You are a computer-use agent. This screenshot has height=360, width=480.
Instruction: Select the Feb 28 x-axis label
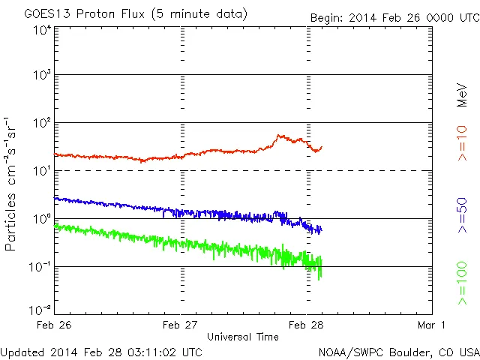(307, 325)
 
